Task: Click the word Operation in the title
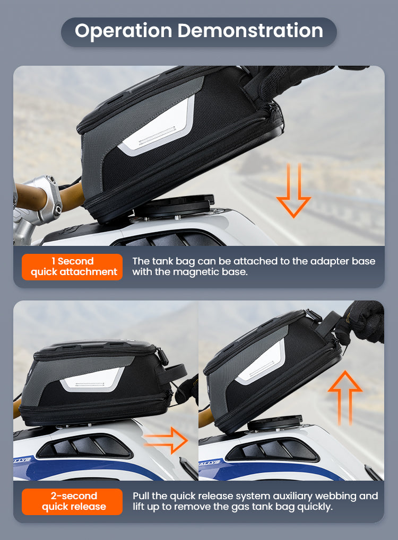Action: [124, 31]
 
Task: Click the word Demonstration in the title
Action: [250, 30]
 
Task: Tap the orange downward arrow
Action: [293, 190]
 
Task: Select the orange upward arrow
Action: [345, 397]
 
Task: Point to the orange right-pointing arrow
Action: [166, 440]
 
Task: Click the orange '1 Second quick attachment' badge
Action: [72, 267]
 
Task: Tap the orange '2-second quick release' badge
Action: [72, 501]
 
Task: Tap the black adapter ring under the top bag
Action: [175, 206]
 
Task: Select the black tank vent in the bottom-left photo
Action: [84, 447]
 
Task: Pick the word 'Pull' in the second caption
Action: [141, 496]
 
